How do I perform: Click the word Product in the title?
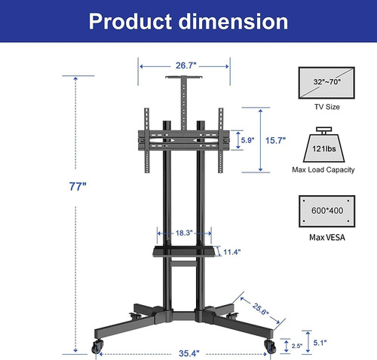[130, 22]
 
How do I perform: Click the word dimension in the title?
[233, 22]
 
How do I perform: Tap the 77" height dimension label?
[78, 187]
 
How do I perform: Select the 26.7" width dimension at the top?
[185, 66]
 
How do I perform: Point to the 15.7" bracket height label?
[276, 141]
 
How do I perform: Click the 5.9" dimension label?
[247, 140]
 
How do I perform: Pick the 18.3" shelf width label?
[184, 233]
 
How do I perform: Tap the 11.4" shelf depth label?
[232, 252]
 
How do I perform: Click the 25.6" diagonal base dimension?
[260, 310]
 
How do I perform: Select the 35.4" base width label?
[189, 353]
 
